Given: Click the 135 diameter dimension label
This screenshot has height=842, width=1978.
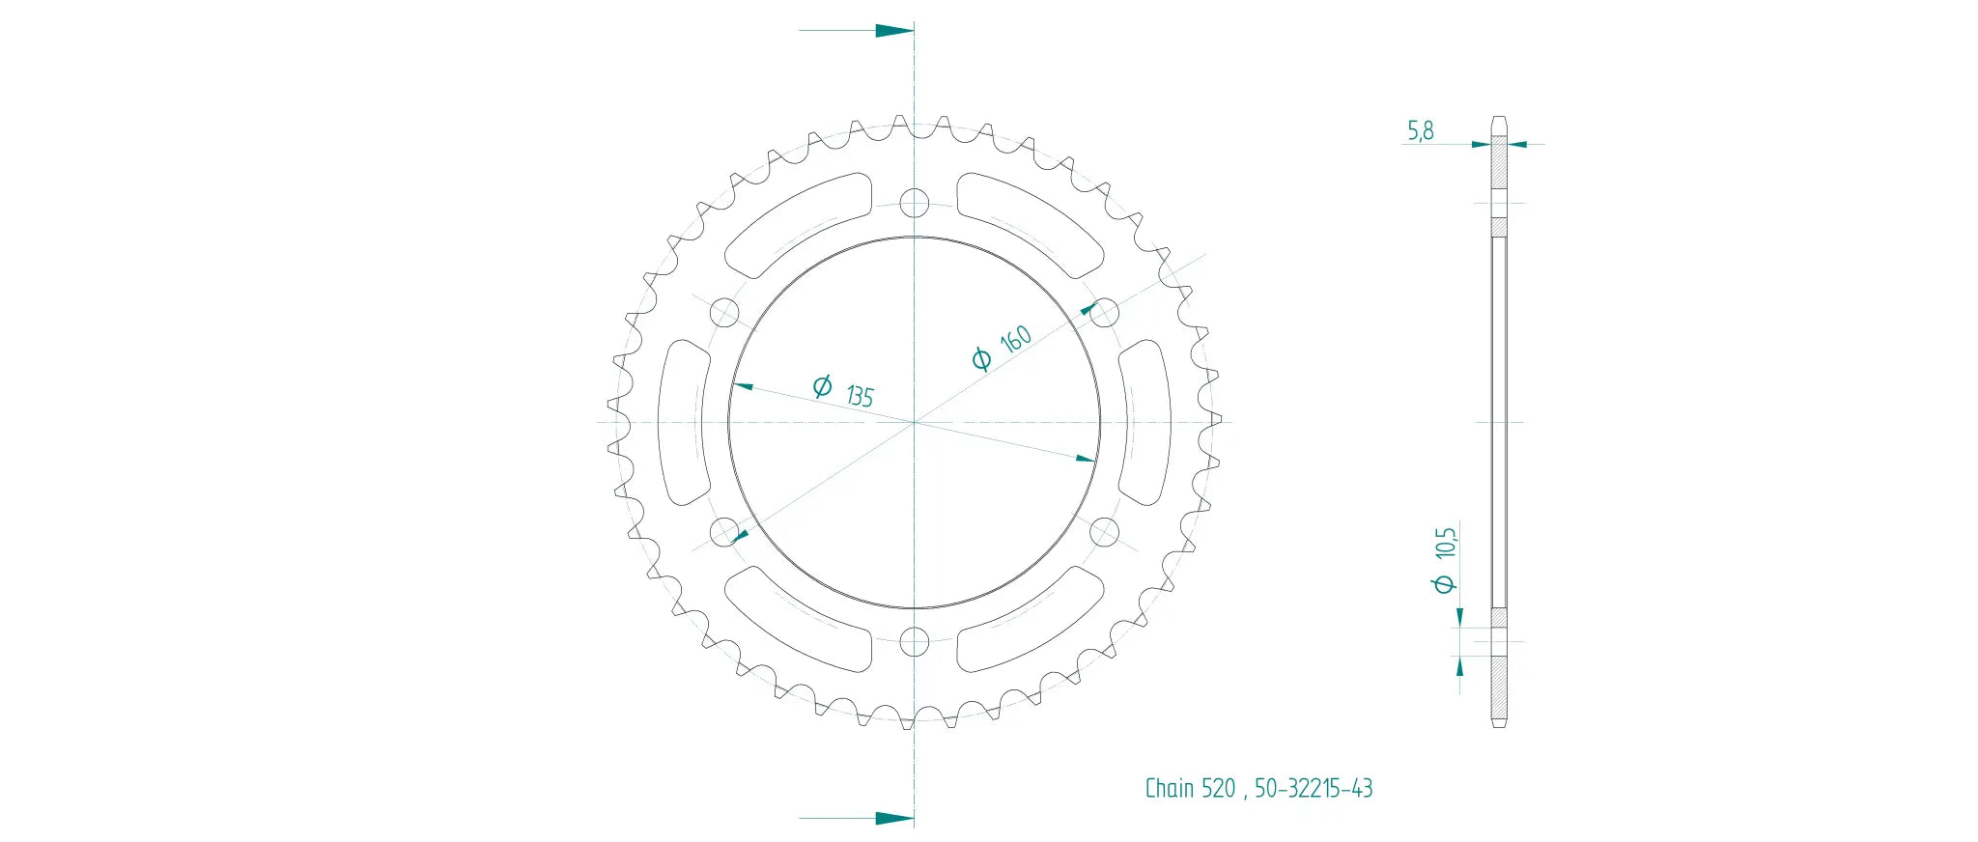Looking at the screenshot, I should click(x=859, y=395).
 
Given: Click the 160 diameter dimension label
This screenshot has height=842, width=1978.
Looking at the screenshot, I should click(x=1015, y=339).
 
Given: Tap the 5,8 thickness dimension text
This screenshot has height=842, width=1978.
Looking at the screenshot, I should click(x=1420, y=130).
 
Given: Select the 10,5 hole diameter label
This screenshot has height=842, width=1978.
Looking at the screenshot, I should click(x=1445, y=543).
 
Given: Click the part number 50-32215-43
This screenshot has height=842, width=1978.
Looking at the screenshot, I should click(x=1314, y=789).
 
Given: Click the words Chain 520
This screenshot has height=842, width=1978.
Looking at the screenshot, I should click(x=1190, y=789).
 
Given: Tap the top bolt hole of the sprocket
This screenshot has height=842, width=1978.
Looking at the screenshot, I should click(x=914, y=204).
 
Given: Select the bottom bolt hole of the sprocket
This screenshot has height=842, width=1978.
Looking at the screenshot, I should click(x=914, y=641).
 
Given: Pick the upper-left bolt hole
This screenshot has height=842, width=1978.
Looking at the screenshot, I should click(x=724, y=313).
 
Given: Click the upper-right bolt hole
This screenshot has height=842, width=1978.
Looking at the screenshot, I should click(x=1104, y=313).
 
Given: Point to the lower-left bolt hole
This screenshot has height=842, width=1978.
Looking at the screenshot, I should click(x=724, y=531).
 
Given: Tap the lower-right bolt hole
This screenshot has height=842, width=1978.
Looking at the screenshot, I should click(x=1104, y=531).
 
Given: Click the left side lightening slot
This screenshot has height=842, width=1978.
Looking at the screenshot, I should click(x=684, y=422).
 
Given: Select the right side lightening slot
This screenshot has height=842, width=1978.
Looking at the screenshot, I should click(x=1144, y=422).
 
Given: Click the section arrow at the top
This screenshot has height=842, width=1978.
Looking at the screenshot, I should click(x=893, y=30).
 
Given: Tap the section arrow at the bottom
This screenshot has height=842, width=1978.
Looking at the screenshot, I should click(x=893, y=818).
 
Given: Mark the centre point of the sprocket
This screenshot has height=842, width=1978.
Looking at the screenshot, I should click(x=914, y=422).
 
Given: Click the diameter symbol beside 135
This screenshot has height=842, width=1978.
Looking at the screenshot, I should click(x=822, y=386).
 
